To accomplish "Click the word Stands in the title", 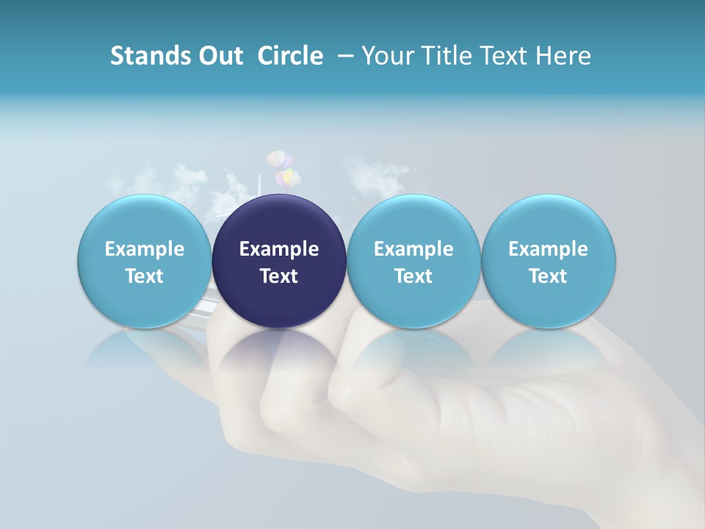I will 151,56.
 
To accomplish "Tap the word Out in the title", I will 220,56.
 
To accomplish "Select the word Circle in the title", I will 290,56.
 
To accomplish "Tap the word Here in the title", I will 563,56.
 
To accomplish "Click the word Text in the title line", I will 504,56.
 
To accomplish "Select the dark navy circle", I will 279,261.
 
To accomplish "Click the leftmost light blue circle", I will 144,261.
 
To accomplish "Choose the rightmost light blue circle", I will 548,261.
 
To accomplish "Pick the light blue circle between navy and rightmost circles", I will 413,261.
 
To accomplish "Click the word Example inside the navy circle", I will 279,249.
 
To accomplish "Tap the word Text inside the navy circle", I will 279,276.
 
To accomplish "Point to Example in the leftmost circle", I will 144,249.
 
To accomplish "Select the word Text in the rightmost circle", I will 548,276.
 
